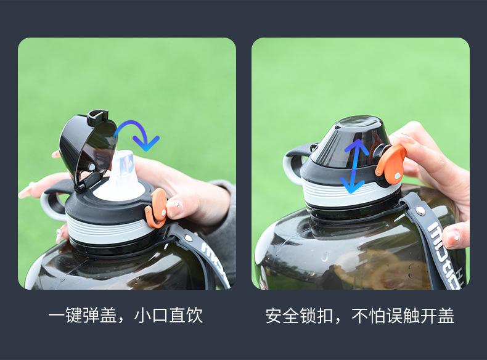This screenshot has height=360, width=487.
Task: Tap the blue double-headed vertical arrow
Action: click(x=354, y=166)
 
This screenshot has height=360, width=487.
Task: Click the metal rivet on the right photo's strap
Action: click(x=420, y=211)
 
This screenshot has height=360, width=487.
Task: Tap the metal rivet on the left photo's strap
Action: click(x=188, y=238)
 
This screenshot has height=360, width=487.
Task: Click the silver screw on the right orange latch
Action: click(x=397, y=176)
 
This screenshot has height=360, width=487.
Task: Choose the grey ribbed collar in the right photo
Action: click(x=348, y=192)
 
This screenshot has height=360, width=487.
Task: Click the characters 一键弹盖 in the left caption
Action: click(x=83, y=316)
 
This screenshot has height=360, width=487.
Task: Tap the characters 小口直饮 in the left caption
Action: click(x=169, y=316)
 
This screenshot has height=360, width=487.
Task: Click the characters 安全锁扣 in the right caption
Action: click(x=300, y=316)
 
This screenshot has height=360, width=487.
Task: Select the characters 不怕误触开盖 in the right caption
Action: click(x=403, y=316)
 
